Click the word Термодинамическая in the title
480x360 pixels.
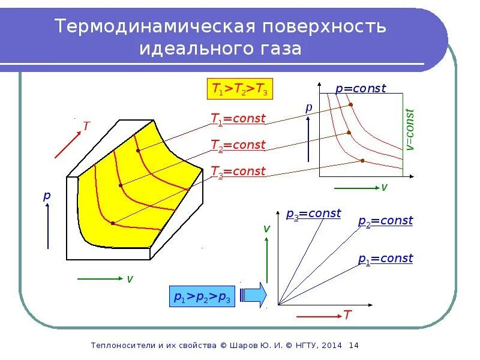[149, 27]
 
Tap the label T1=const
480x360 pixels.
[238, 119]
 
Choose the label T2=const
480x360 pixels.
[238, 145]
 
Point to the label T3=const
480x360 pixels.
[238, 172]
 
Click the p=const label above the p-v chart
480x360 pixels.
[360, 89]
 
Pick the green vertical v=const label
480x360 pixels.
[410, 130]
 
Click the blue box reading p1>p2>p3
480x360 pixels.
[202, 296]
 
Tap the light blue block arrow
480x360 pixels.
[254, 295]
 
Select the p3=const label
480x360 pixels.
[313, 214]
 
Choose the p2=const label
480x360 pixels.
[385, 221]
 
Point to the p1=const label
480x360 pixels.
[385, 259]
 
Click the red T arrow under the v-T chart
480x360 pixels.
[318, 314]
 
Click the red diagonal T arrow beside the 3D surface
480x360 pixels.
[67, 145]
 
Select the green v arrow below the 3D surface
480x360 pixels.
[99, 279]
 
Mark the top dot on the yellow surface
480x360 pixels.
[138, 151]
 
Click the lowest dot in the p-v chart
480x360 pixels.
[362, 160]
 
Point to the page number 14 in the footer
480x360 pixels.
[353, 346]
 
